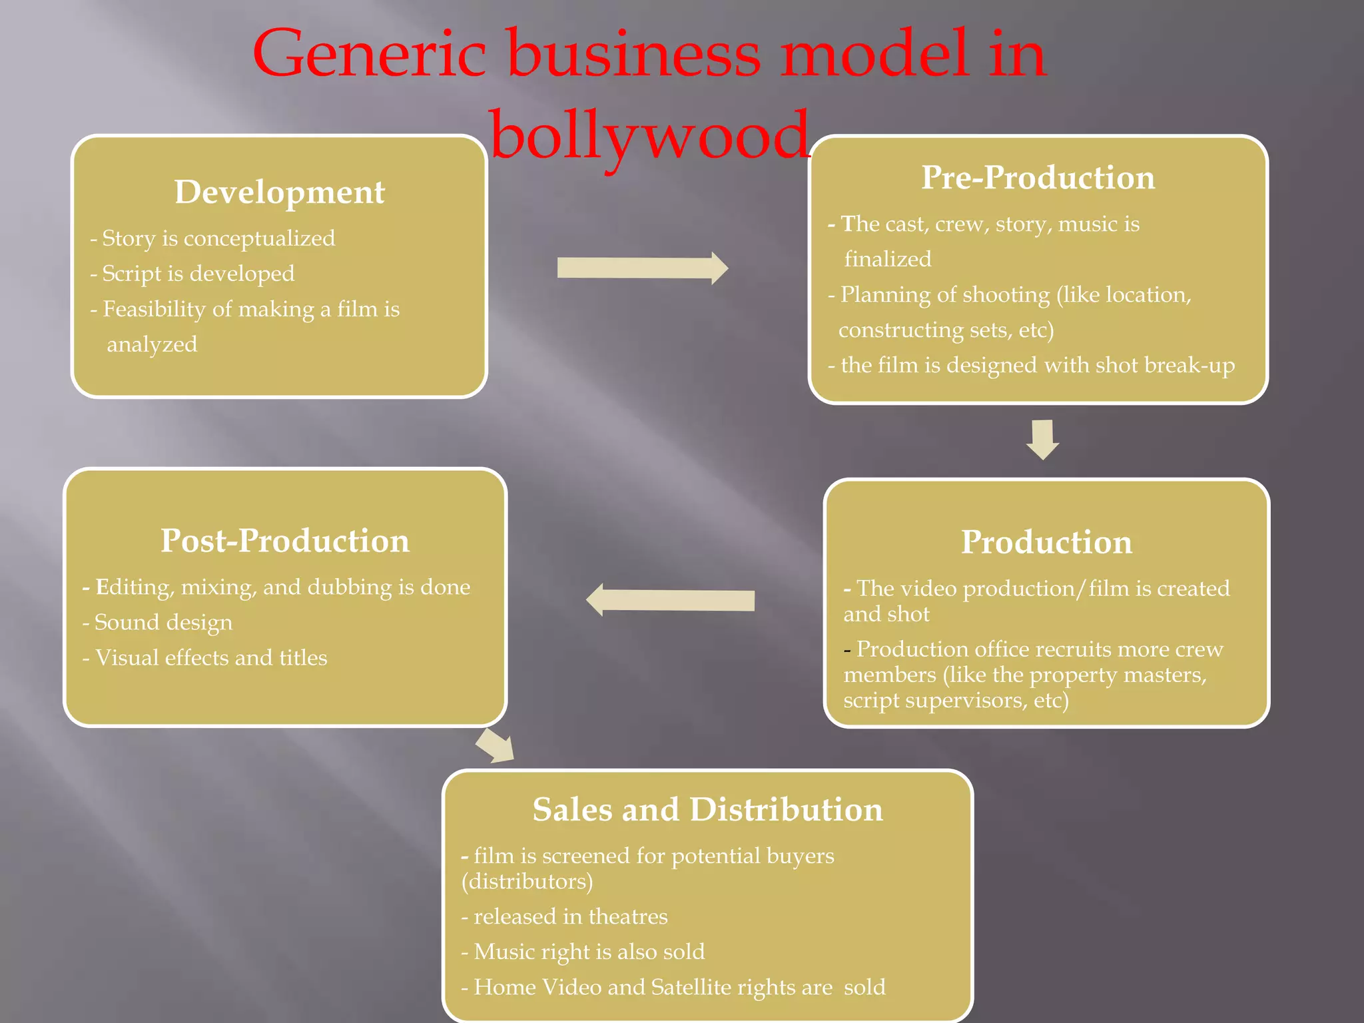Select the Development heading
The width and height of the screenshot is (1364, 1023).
point(279,192)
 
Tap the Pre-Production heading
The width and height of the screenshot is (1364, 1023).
point(1038,178)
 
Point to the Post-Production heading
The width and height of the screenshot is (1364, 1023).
point(284,541)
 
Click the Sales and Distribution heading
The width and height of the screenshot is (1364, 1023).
point(707,810)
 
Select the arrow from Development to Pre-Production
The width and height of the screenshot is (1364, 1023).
point(641,268)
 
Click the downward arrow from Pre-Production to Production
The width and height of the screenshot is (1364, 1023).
point(1042,439)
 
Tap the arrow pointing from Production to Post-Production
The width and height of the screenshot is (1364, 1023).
point(670,600)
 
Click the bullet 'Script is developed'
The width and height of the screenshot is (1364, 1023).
point(198,274)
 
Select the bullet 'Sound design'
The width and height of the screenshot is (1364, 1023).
point(163,622)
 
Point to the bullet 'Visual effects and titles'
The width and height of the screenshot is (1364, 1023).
point(210,658)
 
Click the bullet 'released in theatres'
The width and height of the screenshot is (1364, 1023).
point(569,917)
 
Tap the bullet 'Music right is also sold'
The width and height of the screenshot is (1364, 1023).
point(589,952)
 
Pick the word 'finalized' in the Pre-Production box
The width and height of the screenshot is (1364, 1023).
point(887,259)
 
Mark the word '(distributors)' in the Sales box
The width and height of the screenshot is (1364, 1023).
point(527,882)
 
